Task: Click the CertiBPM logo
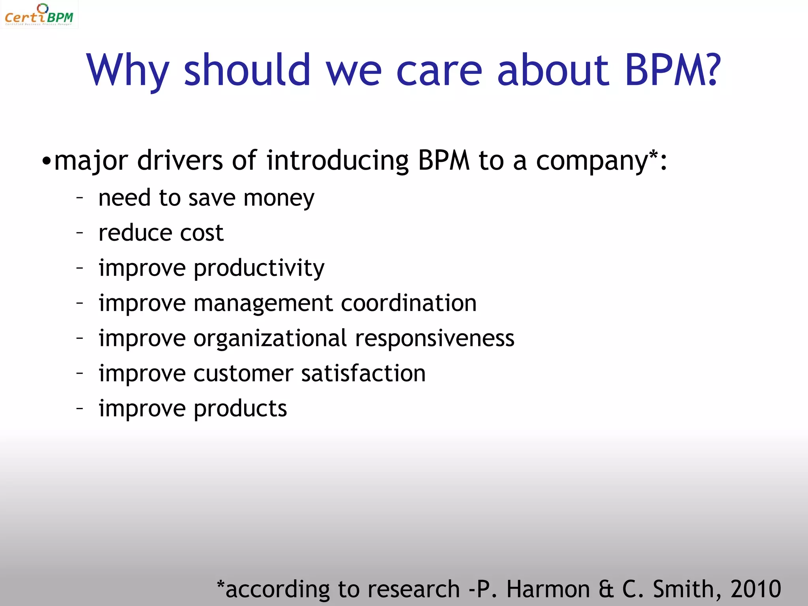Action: point(39,15)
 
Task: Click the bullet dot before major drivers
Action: point(47,161)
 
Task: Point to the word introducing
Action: point(337,161)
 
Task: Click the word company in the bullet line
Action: point(591,161)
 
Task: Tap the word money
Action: point(279,198)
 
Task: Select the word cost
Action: point(202,233)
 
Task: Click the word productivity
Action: point(259,269)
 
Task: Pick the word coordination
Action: point(408,303)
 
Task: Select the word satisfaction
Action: point(363,373)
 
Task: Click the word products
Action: point(240,409)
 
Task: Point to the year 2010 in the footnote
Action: point(755,589)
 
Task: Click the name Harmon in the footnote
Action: point(548,589)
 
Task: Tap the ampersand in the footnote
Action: point(606,589)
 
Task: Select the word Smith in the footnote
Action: point(686,589)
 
